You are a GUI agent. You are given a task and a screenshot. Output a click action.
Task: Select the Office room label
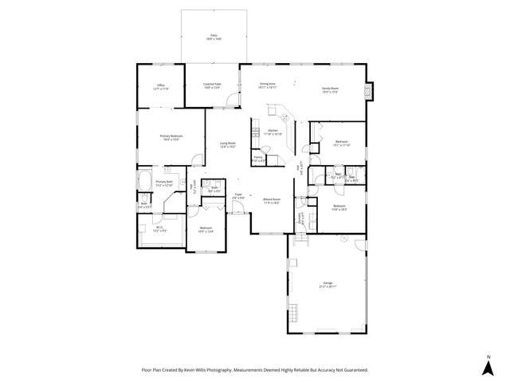point(160,86)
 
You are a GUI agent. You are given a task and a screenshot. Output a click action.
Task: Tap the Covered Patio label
point(211,85)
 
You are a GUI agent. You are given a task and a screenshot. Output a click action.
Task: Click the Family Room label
point(330,89)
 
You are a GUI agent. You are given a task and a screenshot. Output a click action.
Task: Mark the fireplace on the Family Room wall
point(367,91)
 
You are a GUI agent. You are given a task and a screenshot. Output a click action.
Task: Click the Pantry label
point(259,158)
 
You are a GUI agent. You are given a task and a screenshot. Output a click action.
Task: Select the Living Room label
point(228,144)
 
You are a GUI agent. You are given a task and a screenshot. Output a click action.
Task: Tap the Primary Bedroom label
point(171,136)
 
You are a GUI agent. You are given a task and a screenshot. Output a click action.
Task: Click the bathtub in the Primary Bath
point(144,182)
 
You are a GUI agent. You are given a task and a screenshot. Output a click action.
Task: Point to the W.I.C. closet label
point(159,230)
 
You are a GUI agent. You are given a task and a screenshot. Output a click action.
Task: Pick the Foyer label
point(238,195)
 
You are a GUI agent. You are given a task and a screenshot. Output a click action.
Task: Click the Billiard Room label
point(272,199)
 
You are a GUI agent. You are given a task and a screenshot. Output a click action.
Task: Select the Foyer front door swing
point(238,211)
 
